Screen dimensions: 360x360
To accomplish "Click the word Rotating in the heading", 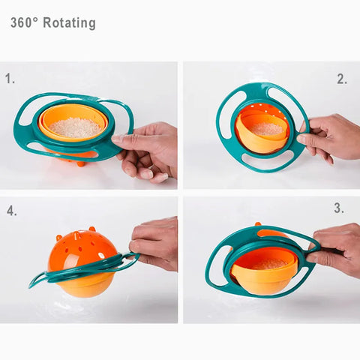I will [x=69, y=23].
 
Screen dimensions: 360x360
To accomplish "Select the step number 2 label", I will [x=341, y=79].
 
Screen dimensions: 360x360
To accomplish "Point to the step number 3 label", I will [x=339, y=208].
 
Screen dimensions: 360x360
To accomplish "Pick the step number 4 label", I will [x=12, y=211].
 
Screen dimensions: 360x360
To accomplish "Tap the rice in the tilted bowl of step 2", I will [x=264, y=129].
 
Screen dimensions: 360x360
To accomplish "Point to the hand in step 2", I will [x=330, y=137].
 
